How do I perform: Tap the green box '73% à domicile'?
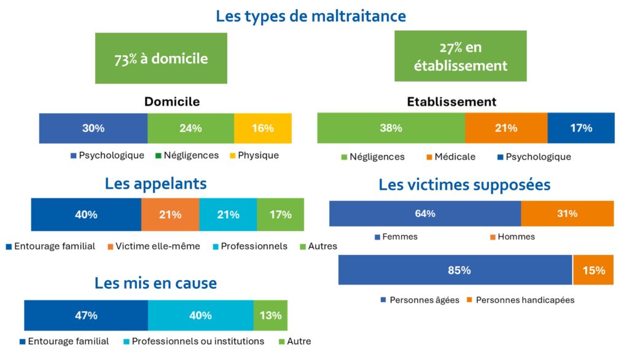pyautogui.click(x=161, y=58)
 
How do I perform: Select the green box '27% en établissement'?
pyautogui.click(x=460, y=57)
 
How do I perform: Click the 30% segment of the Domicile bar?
pyautogui.click(x=93, y=128)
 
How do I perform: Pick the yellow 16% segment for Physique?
pyautogui.click(x=263, y=128)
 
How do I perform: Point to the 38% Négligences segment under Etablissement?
pyautogui.click(x=391, y=128)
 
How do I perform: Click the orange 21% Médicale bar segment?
pyautogui.click(x=506, y=128)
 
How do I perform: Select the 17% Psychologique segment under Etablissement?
pyautogui.click(x=580, y=128)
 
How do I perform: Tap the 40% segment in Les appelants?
pyautogui.click(x=86, y=214)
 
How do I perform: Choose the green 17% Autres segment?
pyautogui.click(x=280, y=214)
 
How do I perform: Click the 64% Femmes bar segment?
pyautogui.click(x=425, y=213)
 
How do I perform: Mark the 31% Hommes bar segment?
pyautogui.click(x=567, y=213)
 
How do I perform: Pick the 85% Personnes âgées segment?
pyautogui.click(x=455, y=270)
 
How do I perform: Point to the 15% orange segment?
pyautogui.click(x=593, y=270)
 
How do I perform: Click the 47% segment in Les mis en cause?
pyautogui.click(x=86, y=315)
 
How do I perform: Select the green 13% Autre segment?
pyautogui.click(x=270, y=315)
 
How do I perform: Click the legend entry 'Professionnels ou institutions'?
pyautogui.click(x=198, y=341)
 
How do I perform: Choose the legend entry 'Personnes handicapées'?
pyautogui.click(x=525, y=300)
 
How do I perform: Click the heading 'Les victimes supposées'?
pyautogui.click(x=464, y=184)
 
